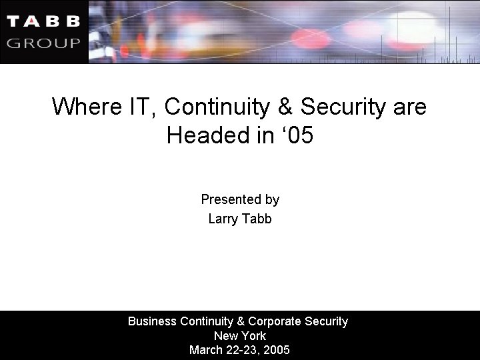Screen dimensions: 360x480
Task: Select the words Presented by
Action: pyautogui.click(x=240, y=199)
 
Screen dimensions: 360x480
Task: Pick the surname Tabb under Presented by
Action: pyautogui.click(x=258, y=219)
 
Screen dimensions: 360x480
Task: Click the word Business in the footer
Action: pyautogui.click(x=151, y=321)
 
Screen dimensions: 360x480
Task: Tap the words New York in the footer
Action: pyautogui.click(x=240, y=336)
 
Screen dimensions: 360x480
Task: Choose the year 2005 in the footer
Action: pyautogui.click(x=277, y=350)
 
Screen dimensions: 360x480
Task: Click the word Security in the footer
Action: pyautogui.click(x=325, y=321)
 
